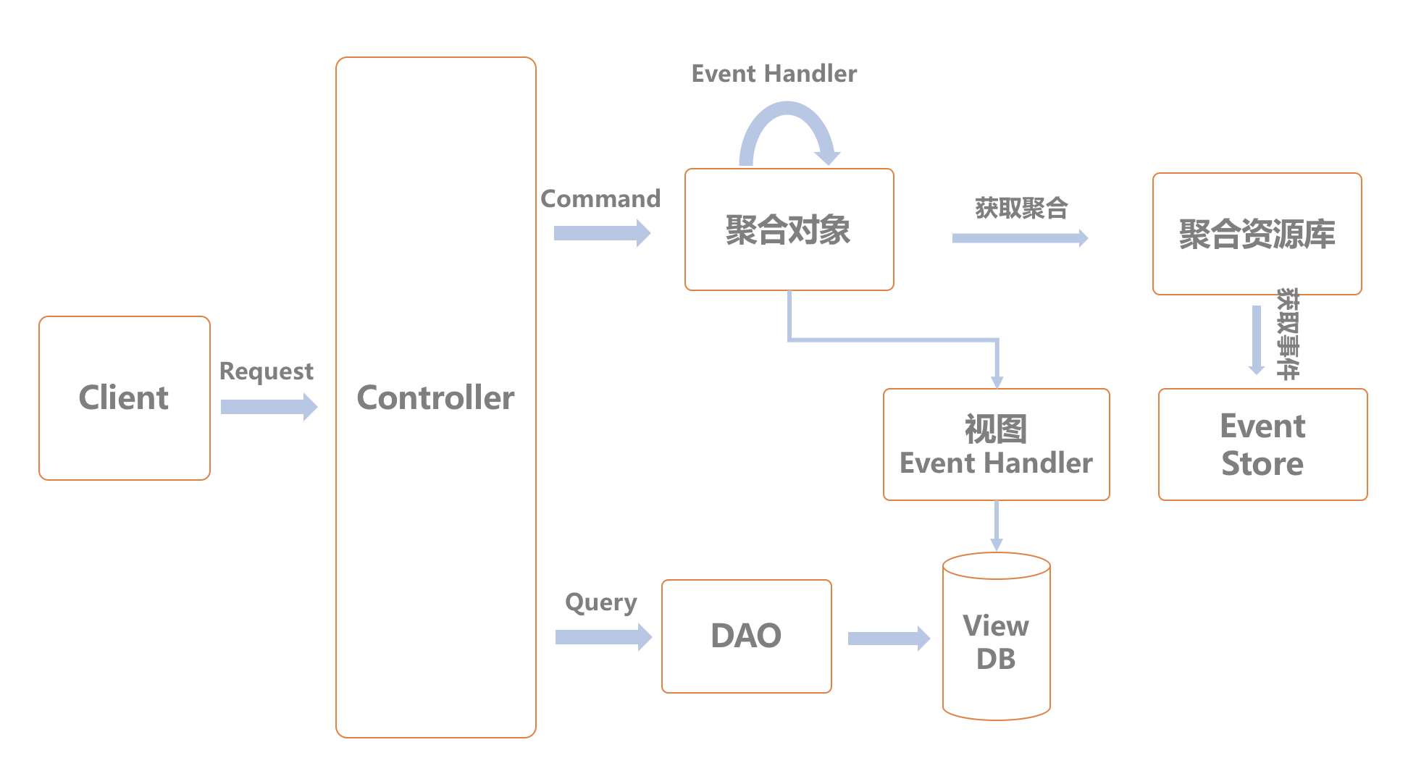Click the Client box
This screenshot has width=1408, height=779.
coord(124,397)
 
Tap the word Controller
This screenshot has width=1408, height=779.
coord(435,397)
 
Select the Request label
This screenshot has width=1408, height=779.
coord(266,371)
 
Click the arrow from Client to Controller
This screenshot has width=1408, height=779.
coord(268,407)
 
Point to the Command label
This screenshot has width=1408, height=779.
coord(600,198)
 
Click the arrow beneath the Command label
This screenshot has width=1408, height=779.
coord(601,233)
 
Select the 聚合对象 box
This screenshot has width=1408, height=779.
coord(789,230)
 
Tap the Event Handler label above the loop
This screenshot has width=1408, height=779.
coord(774,73)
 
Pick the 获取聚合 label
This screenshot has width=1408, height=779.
coord(1021,209)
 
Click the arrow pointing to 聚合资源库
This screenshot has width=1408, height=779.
coord(1019,238)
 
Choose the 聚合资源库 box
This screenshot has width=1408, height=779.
coord(1257,234)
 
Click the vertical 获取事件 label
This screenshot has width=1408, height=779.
coord(1287,334)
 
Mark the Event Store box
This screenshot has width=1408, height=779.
coord(1262,445)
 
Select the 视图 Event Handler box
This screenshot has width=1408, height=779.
coord(996,445)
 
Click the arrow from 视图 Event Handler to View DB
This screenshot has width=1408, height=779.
coord(997,526)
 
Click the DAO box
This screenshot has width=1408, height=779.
coord(746,636)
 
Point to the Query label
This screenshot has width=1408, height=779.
coord(600,602)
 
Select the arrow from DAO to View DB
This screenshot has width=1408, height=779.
coord(888,638)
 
